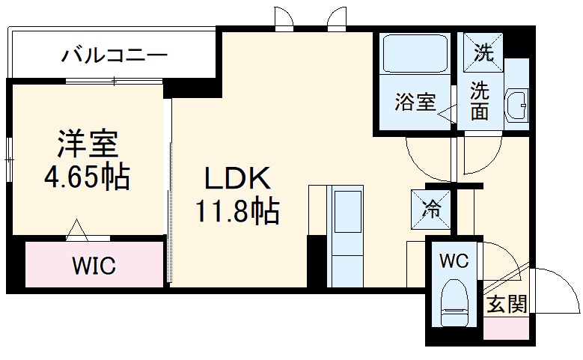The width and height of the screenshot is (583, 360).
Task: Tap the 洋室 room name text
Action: tap(88, 142)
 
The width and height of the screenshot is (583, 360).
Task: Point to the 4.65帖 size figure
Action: tap(87, 177)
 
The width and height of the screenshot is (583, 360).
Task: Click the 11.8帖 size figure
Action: tap(237, 213)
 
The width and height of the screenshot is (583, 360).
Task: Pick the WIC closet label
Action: tap(94, 265)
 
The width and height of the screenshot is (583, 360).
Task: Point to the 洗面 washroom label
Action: tap(480, 100)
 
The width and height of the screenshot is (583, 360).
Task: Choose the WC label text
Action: tap(454, 261)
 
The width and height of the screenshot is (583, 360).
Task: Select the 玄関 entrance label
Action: tap(506, 305)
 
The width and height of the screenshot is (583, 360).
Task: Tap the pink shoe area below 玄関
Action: tap(506, 328)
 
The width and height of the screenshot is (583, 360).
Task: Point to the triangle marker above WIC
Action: tap(77, 229)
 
